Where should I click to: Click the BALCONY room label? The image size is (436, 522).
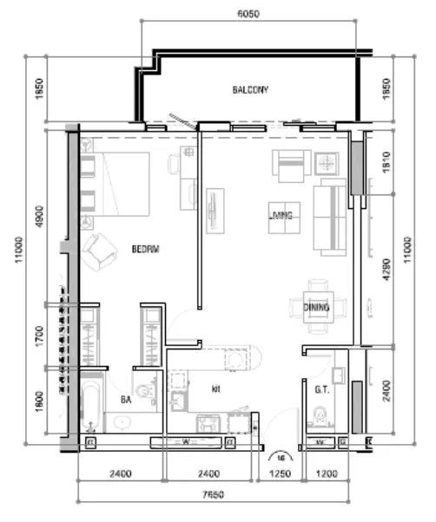(250, 90)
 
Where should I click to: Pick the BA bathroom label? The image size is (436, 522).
(126, 400)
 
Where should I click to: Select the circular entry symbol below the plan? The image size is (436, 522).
(280, 455)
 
